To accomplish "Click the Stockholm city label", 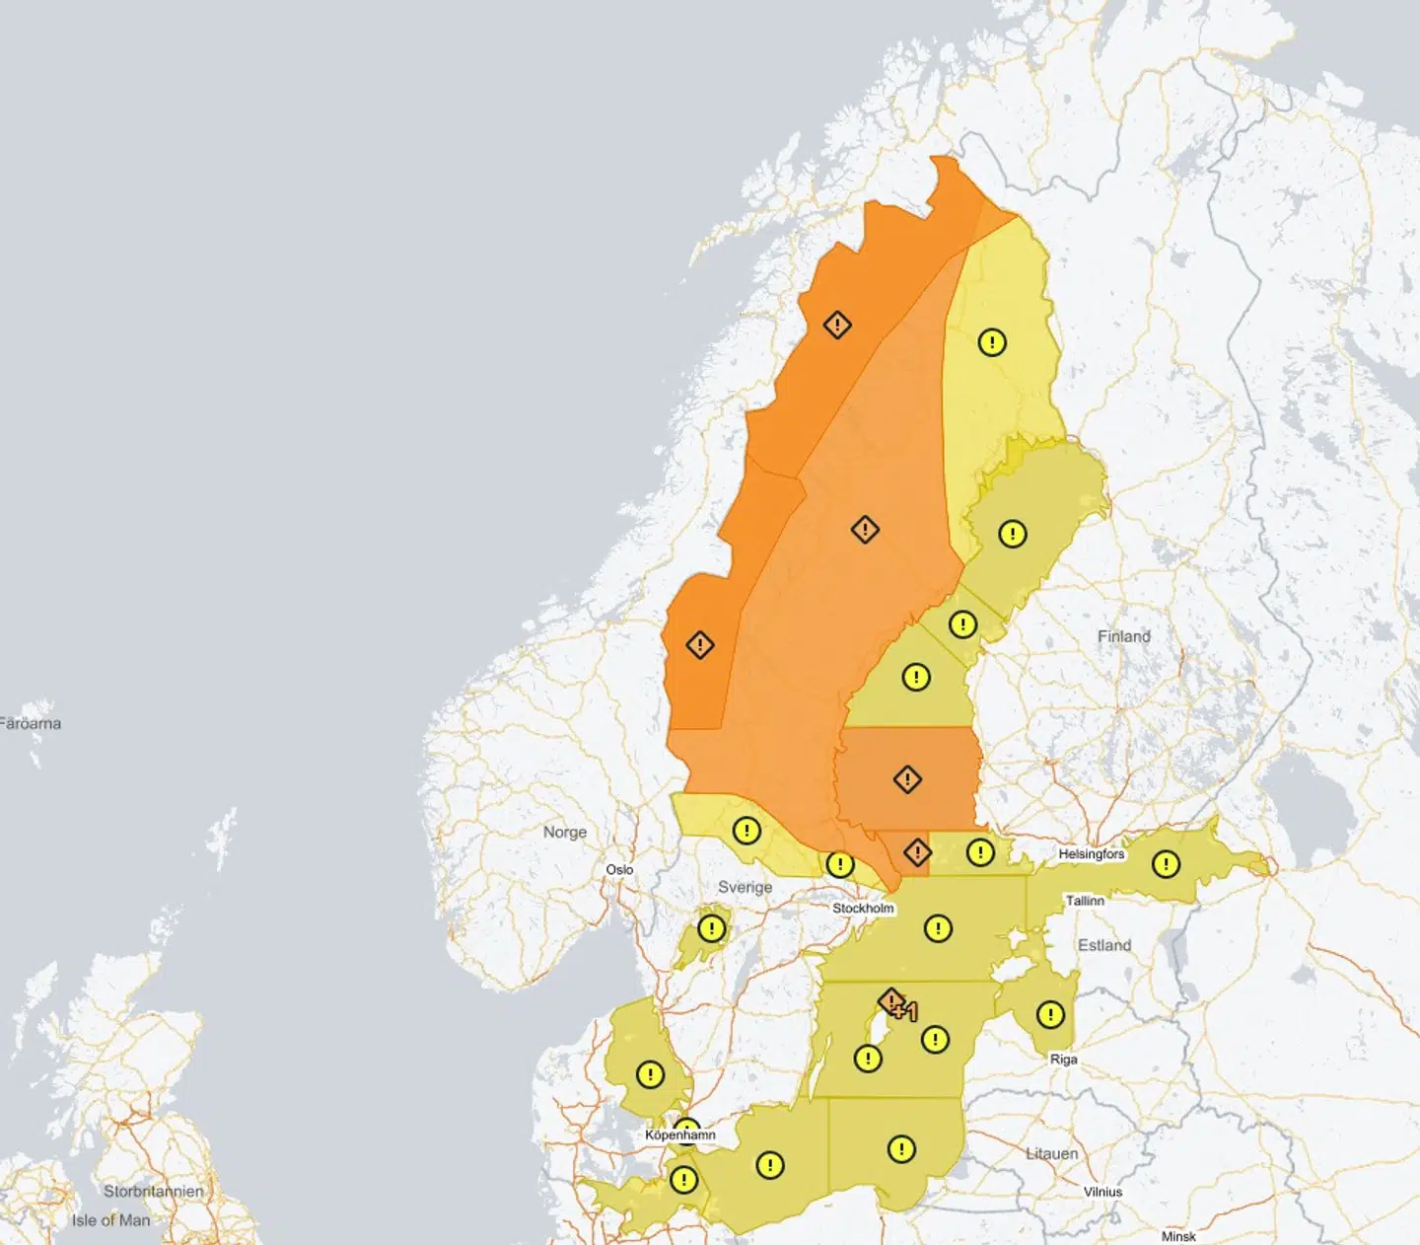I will pyautogui.click(x=863, y=908).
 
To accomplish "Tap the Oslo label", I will pyautogui.click(x=619, y=869).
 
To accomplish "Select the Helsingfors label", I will pyautogui.click(x=1092, y=854).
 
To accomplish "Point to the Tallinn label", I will pyautogui.click(x=1085, y=901).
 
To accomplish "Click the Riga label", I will pyautogui.click(x=1064, y=1060).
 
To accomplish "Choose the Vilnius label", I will pyautogui.click(x=1103, y=1192).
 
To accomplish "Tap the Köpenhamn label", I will pyautogui.click(x=680, y=1135).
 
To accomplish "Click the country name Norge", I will pyautogui.click(x=565, y=833).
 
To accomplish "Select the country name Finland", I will pyautogui.click(x=1124, y=637).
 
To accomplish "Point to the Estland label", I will pyautogui.click(x=1104, y=945).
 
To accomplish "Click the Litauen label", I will pyautogui.click(x=1052, y=1153).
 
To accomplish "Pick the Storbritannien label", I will pyautogui.click(x=154, y=1191).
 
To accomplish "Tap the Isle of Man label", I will pyautogui.click(x=111, y=1220).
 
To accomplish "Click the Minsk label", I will pyautogui.click(x=1178, y=1236).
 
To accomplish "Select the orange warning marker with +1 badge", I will pyautogui.click(x=892, y=1003).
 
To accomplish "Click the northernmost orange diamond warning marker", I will pyautogui.click(x=837, y=325).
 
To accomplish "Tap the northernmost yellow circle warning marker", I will pyautogui.click(x=992, y=342).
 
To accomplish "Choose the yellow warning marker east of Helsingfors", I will pyautogui.click(x=1166, y=865).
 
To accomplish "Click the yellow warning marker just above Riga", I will pyautogui.click(x=1050, y=1014).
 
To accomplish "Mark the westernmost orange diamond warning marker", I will pyautogui.click(x=700, y=645).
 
